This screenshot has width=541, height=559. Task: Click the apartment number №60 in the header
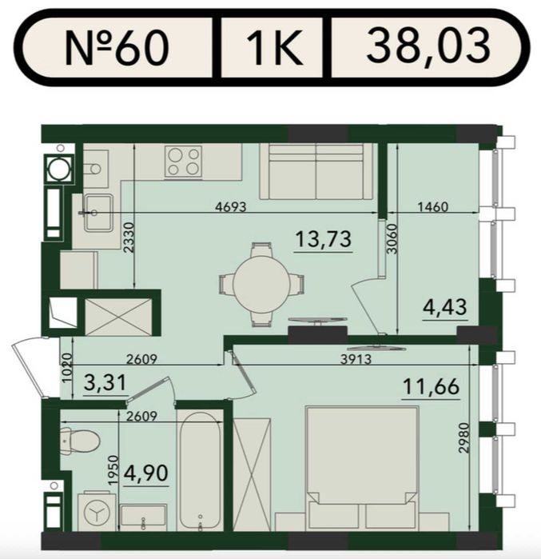[116, 47]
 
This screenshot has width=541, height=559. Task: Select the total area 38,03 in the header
[428, 46]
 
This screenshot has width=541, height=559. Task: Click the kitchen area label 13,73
[324, 239]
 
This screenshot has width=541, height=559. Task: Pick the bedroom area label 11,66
[431, 386]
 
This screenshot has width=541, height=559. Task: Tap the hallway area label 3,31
[105, 382]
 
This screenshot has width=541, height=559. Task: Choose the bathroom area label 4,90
[145, 473]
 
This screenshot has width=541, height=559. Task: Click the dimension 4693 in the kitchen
[231, 206]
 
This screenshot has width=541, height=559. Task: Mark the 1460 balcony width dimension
[433, 207]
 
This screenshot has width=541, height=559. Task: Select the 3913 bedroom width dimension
[356, 359]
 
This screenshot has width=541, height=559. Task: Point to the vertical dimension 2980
[463, 437]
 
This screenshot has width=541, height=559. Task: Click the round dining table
[262, 284]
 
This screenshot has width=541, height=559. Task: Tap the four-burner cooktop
[184, 161]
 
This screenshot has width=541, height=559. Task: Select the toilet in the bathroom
[80, 441]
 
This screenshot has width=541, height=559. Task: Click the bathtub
[200, 470]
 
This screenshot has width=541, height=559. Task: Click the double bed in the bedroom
[362, 468]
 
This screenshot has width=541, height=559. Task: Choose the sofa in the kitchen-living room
[316, 171]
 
